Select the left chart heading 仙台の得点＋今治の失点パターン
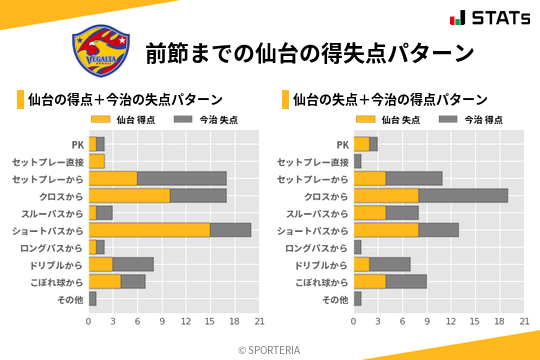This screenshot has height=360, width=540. [x=125, y=99]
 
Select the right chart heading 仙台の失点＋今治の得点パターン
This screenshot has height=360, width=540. [x=390, y=99]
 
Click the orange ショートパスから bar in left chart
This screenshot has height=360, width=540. [x=149, y=230]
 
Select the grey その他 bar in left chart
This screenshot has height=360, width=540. [x=93, y=298]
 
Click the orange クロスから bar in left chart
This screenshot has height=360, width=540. [x=129, y=196]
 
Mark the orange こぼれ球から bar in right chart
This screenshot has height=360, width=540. [x=370, y=281]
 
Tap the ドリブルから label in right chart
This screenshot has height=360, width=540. [x=322, y=264]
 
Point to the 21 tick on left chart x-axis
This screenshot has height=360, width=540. [x=258, y=321]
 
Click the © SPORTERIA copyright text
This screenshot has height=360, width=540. [x=270, y=349]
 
